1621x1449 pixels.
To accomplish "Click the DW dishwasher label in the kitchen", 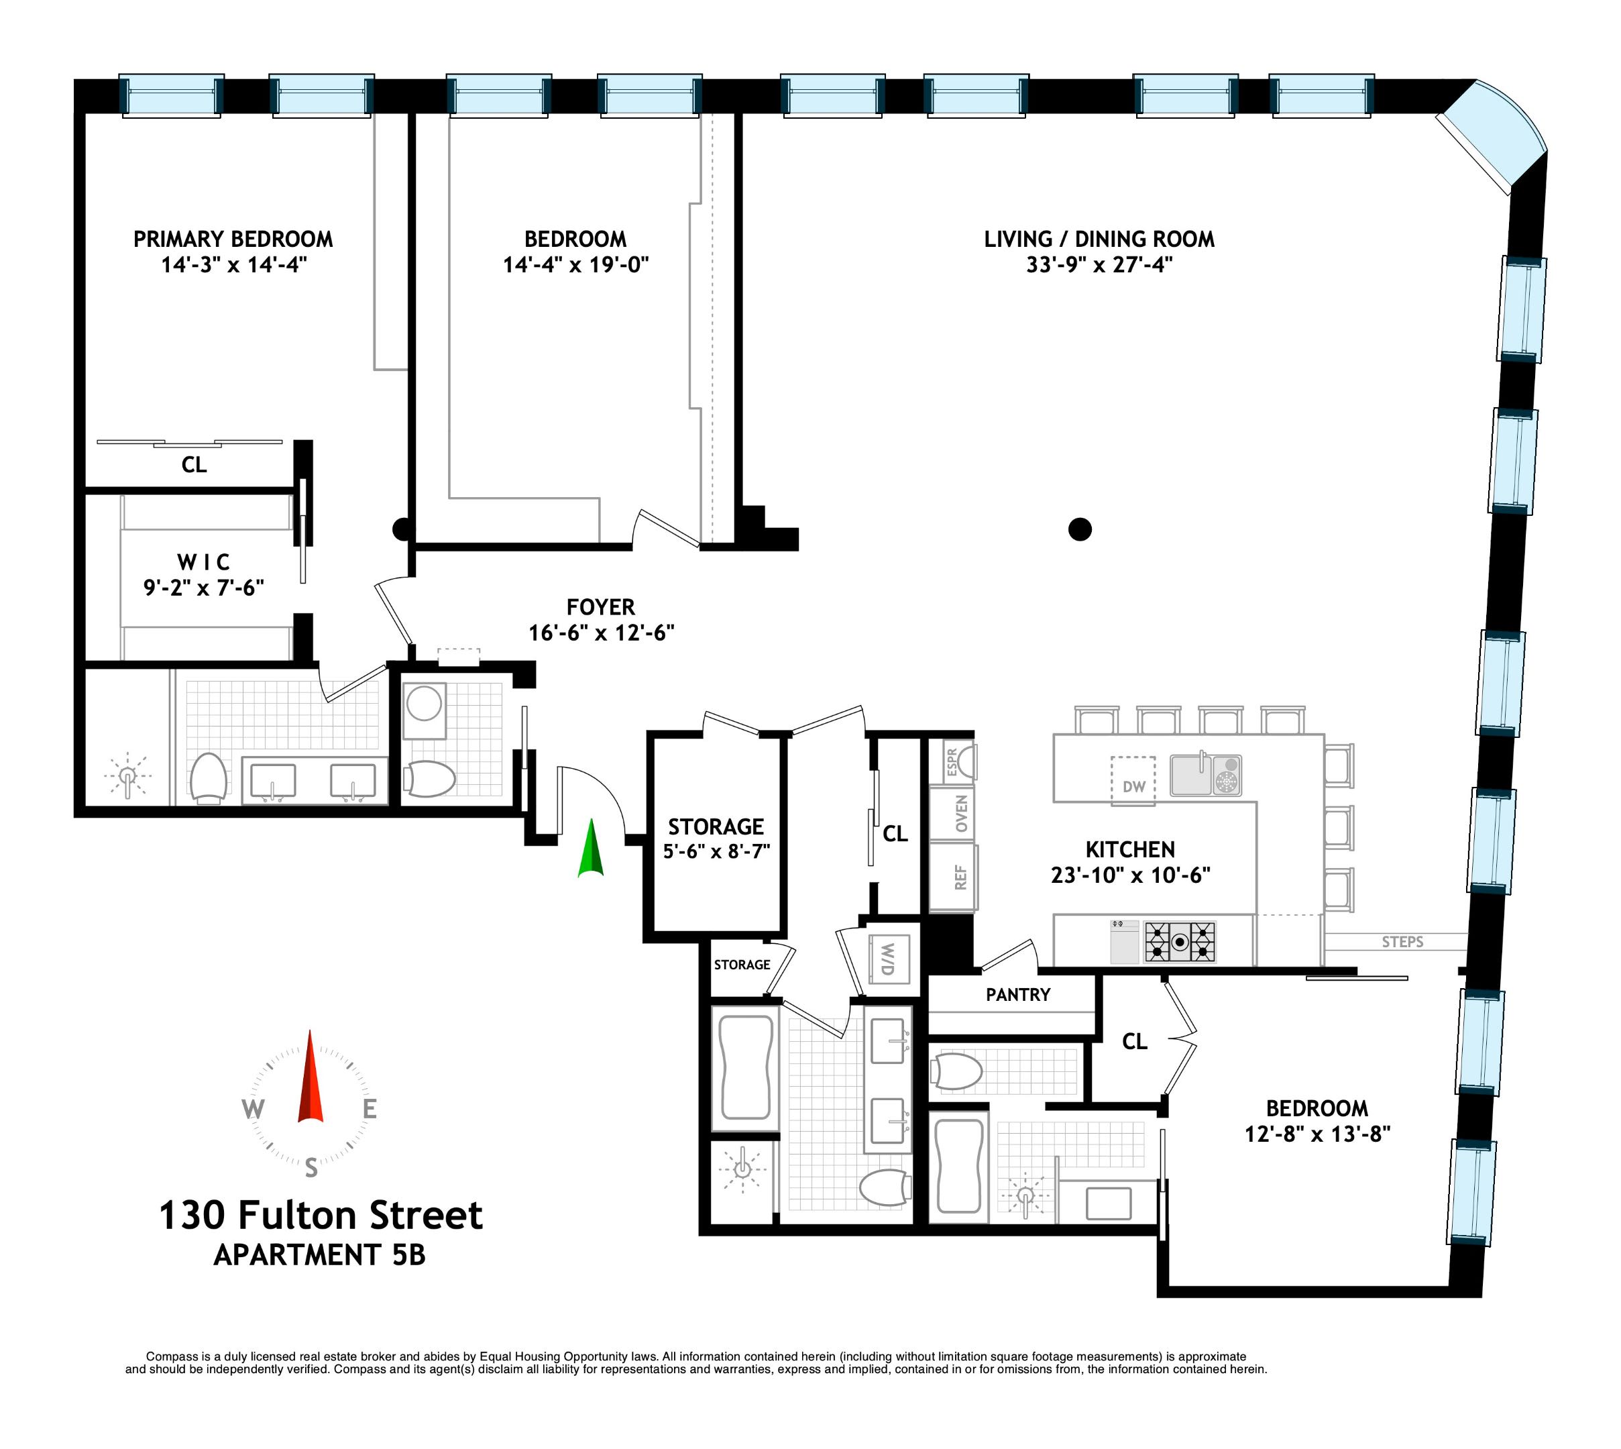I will pos(1133,787).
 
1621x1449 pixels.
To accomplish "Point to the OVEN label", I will pos(961,814).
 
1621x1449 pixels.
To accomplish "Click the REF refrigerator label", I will pos(960,877).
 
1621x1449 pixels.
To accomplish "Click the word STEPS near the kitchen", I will pos(1402,942).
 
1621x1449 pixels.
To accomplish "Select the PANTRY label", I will pos(1018,994).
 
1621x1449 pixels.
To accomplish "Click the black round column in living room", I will pos(1080,529).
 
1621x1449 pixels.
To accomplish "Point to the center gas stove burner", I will pos(1180,942).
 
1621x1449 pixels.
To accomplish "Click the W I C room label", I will pos(204,562).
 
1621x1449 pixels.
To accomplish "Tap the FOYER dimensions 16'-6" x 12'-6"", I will pos(602,633).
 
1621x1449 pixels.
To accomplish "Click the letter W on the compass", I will pos(253,1108).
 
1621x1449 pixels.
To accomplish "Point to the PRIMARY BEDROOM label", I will pos(233,239).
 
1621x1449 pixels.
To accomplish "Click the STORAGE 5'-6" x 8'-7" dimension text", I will pos(716,852).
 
